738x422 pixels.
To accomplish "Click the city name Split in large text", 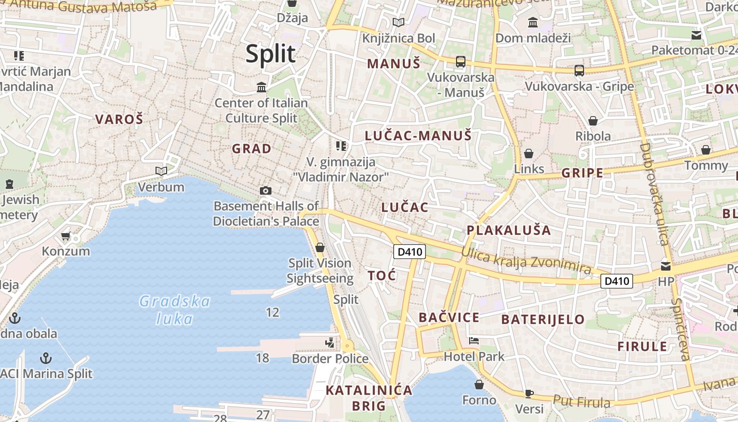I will click(271, 54).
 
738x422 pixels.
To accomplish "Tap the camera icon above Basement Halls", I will click(266, 190).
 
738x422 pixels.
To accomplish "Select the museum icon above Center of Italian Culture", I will click(261, 87).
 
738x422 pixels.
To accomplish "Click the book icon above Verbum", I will click(161, 171).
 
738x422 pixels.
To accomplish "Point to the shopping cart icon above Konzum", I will click(66, 236).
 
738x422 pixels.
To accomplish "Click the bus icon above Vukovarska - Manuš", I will click(461, 61).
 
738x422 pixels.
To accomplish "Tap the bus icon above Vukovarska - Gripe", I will click(579, 70).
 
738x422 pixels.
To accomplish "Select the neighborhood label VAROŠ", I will click(119, 119).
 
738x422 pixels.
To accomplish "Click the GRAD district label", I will click(252, 149).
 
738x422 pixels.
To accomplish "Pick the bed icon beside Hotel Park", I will click(474, 341).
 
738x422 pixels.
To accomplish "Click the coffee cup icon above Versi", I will click(529, 394).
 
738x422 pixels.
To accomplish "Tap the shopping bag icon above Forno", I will click(479, 385).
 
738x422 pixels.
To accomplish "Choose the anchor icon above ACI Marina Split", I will click(46, 359).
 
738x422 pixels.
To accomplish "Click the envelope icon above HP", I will click(666, 266).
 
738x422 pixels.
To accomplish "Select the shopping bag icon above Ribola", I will click(593, 121).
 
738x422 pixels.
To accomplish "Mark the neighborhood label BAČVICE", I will click(449, 318).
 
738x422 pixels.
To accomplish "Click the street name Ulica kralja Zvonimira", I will click(526, 260).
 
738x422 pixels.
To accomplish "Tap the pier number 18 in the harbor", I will click(263, 358).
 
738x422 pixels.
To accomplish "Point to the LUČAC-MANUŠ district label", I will click(418, 136).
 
